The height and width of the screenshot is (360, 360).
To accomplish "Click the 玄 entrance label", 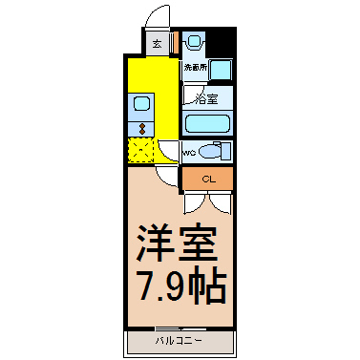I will [x=156, y=43].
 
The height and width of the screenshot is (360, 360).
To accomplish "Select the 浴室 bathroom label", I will [x=205, y=98].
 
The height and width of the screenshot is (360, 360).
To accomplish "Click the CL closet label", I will [x=207, y=179].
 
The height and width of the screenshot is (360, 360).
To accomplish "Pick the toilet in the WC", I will [x=217, y=151].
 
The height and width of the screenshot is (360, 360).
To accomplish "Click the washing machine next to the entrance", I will [x=195, y=42].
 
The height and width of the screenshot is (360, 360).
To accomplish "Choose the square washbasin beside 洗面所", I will [x=221, y=70].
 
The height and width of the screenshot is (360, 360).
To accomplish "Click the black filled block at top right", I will [x=221, y=42].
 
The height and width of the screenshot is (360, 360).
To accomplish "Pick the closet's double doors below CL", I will [x=207, y=201].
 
